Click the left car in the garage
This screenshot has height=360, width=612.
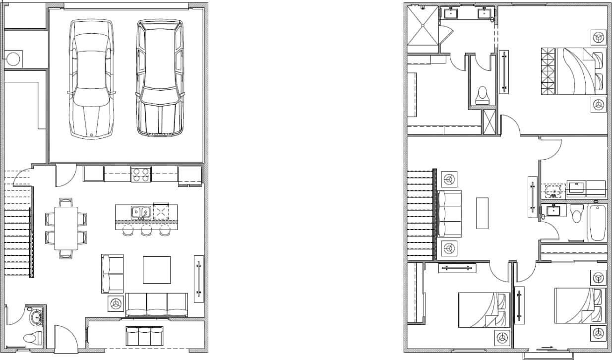coord(90,78)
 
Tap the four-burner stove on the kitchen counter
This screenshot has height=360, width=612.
coord(140,175)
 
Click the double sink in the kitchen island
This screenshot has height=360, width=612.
coord(141,213)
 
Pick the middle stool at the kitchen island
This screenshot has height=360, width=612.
coord(146,231)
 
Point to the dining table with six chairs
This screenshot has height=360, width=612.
coord(66,228)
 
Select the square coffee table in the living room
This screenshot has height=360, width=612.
coord(157,270)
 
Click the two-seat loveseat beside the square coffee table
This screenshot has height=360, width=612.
coord(113,273)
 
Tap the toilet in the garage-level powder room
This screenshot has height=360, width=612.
coord(30,338)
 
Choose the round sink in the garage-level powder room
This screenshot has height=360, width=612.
coord(36,316)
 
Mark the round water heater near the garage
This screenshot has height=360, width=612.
coord(13,59)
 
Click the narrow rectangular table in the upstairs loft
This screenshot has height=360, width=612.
coord(482,213)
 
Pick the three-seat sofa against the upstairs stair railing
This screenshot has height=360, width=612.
coord(450,213)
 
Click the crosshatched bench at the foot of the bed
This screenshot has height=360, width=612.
coord(548,70)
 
